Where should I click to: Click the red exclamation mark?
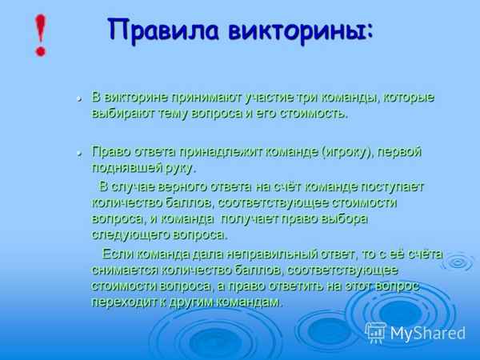[38, 35]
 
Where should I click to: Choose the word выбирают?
[119, 114]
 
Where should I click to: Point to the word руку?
[180, 168]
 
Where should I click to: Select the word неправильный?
[254, 254]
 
